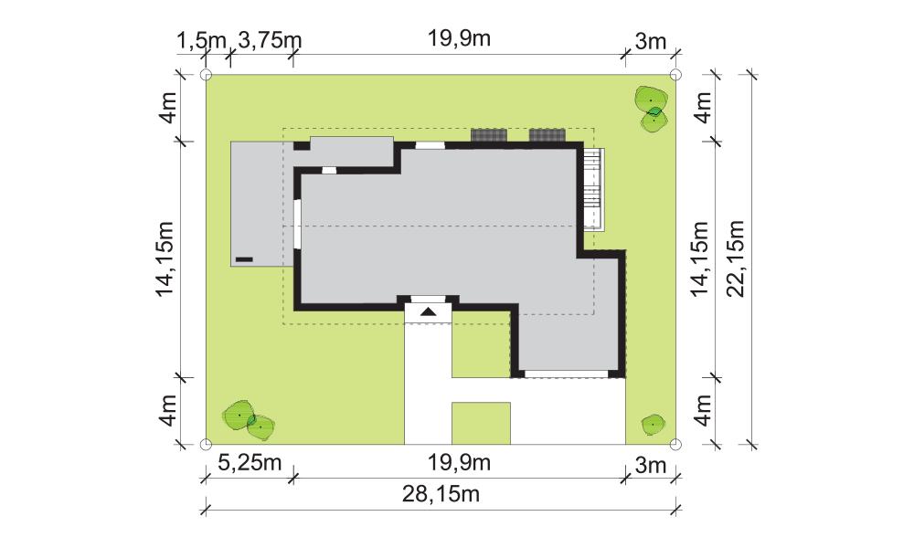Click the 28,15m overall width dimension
[x=441, y=494]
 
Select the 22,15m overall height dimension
[x=737, y=258]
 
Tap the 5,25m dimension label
[x=250, y=463]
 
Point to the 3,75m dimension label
[x=270, y=41]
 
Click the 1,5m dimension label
[x=201, y=41]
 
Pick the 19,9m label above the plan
[x=460, y=38]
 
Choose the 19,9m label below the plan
[x=460, y=463]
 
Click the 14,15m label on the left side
[x=165, y=259]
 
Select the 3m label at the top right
[x=651, y=41]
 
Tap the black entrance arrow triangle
[x=429, y=311]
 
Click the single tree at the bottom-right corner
[x=653, y=425]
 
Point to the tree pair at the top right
[x=652, y=109]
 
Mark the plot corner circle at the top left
[x=206, y=75]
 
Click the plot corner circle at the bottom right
[x=675, y=445]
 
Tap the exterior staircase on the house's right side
[x=594, y=189]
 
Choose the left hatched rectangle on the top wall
[x=489, y=135]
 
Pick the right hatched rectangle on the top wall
[x=547, y=135]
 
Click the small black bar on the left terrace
[x=244, y=259]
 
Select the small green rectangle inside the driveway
[x=482, y=424]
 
